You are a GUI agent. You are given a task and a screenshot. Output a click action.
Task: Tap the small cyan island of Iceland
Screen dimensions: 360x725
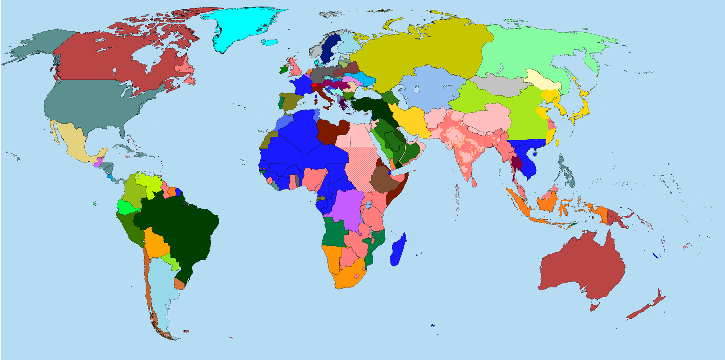tap(270, 42)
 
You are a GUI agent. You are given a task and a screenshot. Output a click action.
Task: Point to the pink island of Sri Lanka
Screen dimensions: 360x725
tap(474, 182)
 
